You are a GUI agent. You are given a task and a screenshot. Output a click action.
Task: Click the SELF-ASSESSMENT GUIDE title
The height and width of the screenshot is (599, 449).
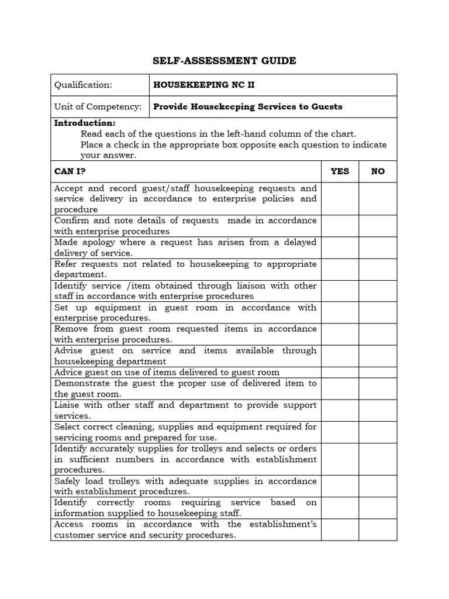click(x=224, y=61)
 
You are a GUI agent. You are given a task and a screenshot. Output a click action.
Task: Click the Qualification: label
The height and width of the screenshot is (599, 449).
click(x=83, y=85)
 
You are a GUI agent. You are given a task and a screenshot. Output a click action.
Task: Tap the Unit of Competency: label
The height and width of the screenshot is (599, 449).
click(x=98, y=106)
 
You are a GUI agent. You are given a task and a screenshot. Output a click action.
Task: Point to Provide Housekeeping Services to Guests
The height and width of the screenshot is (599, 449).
click(x=247, y=106)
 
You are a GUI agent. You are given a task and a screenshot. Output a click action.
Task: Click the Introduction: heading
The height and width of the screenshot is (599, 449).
click(x=85, y=123)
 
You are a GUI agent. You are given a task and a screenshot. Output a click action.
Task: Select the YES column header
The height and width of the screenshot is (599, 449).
click(x=340, y=171)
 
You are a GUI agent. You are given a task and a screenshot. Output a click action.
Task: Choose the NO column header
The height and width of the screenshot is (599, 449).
click(x=378, y=171)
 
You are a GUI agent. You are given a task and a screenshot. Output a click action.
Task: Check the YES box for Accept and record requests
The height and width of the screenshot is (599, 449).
click(x=340, y=199)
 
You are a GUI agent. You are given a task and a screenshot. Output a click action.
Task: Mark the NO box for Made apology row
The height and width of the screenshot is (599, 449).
click(x=378, y=247)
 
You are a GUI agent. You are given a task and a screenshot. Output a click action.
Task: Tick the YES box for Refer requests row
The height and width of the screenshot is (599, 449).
click(x=340, y=269)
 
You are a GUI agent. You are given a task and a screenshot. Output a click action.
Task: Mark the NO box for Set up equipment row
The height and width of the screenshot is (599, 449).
click(x=378, y=312)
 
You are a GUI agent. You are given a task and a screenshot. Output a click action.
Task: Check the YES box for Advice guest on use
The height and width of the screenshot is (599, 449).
click(x=340, y=372)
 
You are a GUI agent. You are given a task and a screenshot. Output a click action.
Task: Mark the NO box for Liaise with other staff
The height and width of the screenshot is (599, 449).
click(x=378, y=410)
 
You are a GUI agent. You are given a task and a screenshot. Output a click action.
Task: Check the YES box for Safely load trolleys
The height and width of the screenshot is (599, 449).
click(x=340, y=486)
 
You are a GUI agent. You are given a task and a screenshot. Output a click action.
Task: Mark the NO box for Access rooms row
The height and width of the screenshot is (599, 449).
click(x=378, y=529)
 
